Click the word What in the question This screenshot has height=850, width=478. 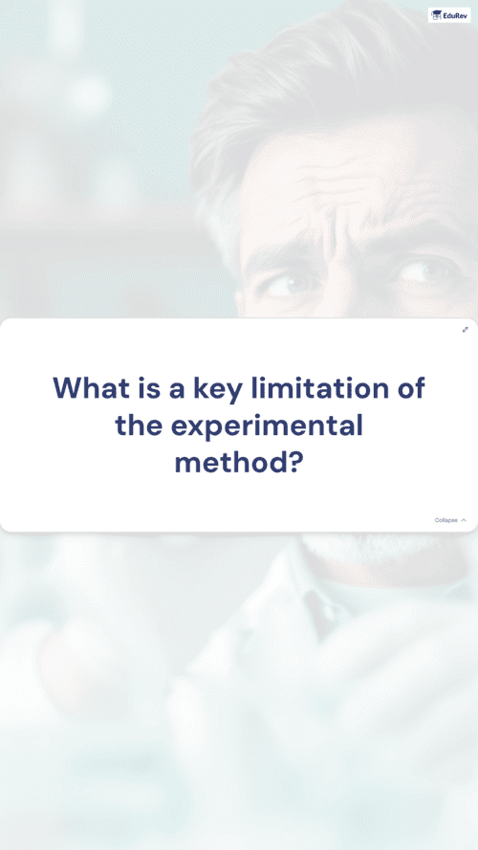pyautogui.click(x=92, y=387)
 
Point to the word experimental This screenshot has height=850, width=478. pyautogui.click(x=267, y=427)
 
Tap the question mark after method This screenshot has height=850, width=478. pyautogui.click(x=294, y=463)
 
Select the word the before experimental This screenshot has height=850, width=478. pyautogui.click(x=139, y=425)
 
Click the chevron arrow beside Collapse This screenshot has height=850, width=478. pyautogui.click(x=464, y=520)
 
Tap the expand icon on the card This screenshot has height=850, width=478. pyautogui.click(x=465, y=330)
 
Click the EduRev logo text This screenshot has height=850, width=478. pyautogui.click(x=453, y=15)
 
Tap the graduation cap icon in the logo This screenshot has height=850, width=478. pyautogui.click(x=436, y=15)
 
